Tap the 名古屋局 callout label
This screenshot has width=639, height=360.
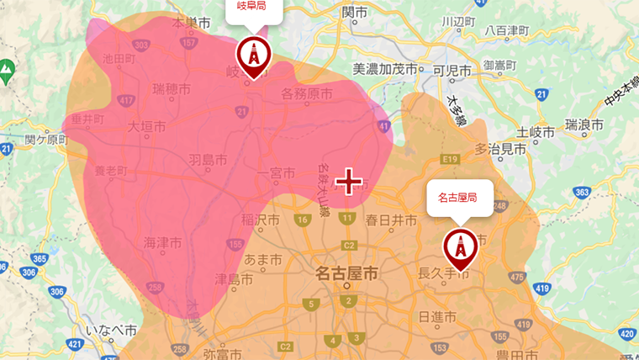[x=458, y=199]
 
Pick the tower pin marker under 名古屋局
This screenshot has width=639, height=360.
[x=460, y=246]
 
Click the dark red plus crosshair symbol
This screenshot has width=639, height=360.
[x=348, y=181]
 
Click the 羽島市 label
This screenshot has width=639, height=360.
[x=207, y=158]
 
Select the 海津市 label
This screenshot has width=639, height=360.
[x=163, y=242]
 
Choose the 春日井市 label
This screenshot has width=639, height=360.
[x=391, y=220]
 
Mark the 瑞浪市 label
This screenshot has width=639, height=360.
[x=584, y=126]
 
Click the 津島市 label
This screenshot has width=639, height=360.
[x=235, y=279]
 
